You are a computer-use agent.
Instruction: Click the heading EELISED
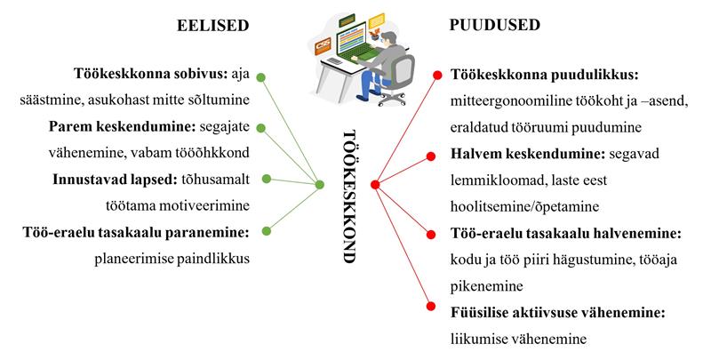click(212, 26)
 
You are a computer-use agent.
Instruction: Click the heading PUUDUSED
click(495, 26)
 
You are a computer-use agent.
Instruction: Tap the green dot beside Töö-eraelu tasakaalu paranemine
click(267, 234)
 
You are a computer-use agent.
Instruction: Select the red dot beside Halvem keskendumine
click(432, 157)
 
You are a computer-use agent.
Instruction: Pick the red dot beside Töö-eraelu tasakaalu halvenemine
click(431, 235)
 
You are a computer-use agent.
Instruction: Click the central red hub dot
click(375, 185)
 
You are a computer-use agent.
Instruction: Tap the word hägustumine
click(582, 260)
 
